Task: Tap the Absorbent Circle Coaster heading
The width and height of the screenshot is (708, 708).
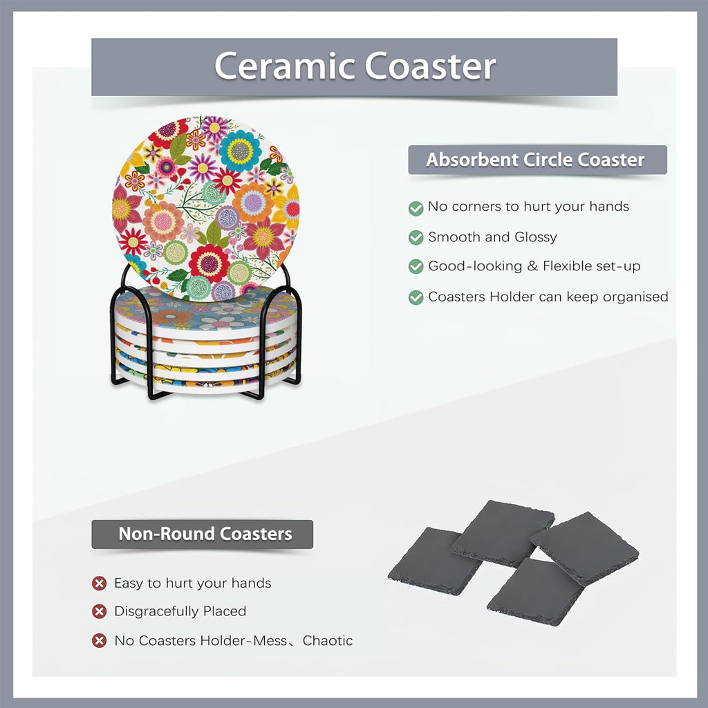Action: (x=536, y=160)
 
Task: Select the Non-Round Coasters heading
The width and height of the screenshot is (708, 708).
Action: (x=205, y=534)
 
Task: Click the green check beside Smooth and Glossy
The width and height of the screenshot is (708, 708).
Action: (x=416, y=238)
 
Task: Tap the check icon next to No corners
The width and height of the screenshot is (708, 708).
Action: (x=416, y=208)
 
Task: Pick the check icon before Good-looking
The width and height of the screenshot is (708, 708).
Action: (x=416, y=266)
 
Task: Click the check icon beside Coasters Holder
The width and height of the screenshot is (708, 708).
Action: (x=416, y=297)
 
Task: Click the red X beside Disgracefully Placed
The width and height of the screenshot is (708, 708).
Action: (x=100, y=611)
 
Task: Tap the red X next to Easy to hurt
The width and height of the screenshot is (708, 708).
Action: (x=100, y=584)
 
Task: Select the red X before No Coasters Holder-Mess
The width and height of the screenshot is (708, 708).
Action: (x=100, y=640)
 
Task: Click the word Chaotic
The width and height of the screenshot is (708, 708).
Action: (x=327, y=640)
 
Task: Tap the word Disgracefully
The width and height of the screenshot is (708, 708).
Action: (x=157, y=611)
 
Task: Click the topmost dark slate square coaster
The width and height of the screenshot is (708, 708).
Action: (x=503, y=533)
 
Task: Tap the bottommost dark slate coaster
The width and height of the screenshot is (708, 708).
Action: (x=535, y=592)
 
